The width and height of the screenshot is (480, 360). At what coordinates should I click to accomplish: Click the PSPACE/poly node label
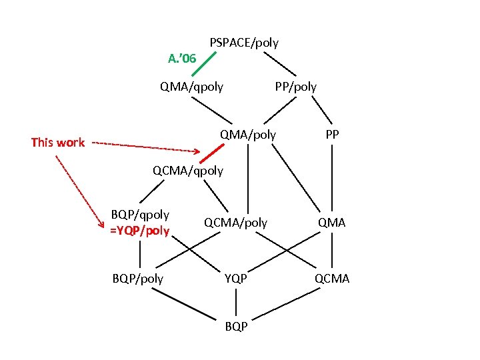coord(244,43)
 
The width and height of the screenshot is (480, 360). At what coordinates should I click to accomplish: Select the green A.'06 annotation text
coord(182,59)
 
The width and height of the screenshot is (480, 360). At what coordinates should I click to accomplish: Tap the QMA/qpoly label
coord(191,86)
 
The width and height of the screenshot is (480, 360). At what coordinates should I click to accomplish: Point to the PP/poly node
coord(296,86)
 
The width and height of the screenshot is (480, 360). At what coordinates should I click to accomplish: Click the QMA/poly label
coord(248,135)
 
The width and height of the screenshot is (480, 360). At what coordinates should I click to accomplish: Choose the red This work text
coord(58,142)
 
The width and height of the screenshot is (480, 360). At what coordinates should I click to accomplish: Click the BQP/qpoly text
coord(140,215)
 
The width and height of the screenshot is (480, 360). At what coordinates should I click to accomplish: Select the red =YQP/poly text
coord(140,231)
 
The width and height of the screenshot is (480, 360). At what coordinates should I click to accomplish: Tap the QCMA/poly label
coord(235,223)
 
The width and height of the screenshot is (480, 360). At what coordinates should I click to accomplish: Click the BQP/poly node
coord(139,278)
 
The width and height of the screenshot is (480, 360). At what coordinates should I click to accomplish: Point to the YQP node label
coord(235,278)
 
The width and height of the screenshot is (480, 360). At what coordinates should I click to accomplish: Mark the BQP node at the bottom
coord(236,326)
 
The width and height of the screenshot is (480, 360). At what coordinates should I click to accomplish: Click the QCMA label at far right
coord(331,278)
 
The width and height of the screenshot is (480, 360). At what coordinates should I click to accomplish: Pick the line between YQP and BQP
coord(235,302)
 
